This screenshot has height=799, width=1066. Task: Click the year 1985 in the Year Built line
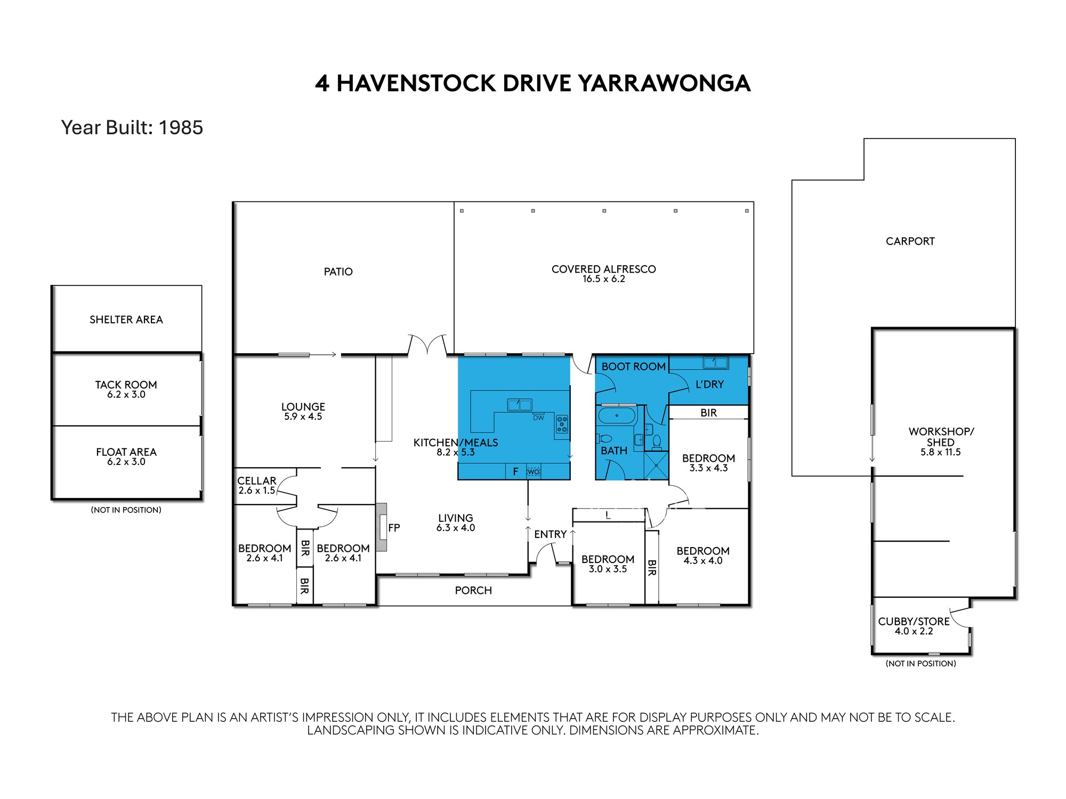coord(181,128)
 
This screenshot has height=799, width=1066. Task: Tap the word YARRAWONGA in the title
coord(665,84)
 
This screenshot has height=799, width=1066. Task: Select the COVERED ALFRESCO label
coord(603,269)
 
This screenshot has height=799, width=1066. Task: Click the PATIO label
coord(338,272)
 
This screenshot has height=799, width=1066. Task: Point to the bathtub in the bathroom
coord(617,415)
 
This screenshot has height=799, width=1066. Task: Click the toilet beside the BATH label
coord(605,439)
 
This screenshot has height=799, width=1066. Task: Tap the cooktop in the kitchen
coord(562,425)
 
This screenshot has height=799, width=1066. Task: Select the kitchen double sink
coord(520,405)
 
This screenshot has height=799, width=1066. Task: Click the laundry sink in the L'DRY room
coord(715,363)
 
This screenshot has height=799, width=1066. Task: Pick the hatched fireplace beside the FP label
coord(381,527)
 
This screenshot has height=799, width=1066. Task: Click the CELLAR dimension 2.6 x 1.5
coord(256,491)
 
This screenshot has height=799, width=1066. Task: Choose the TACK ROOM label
coord(126,385)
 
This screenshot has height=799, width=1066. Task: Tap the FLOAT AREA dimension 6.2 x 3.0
coord(126,462)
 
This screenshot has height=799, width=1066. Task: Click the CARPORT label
coord(910,241)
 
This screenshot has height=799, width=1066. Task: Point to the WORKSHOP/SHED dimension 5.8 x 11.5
coord(941,452)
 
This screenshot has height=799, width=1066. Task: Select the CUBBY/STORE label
coord(914,621)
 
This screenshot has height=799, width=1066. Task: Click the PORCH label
coord(473,590)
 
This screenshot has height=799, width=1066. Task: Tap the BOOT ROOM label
coord(633,366)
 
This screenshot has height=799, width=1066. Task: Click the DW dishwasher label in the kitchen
coord(538,418)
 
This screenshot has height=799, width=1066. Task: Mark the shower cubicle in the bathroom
coord(657,466)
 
